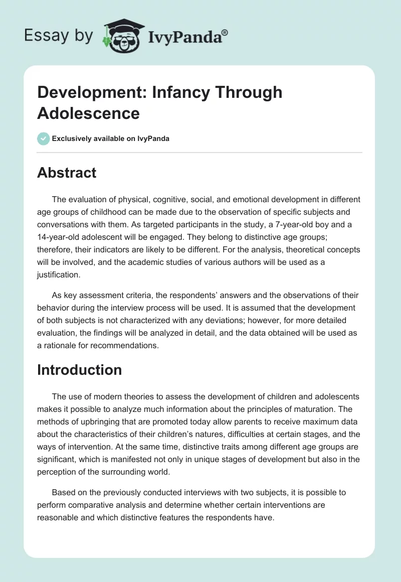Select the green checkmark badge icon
[x=44, y=138]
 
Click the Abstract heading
[x=67, y=173]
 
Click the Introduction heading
[x=80, y=370]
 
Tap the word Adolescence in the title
[x=88, y=113]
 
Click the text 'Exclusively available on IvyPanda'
[x=111, y=138]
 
